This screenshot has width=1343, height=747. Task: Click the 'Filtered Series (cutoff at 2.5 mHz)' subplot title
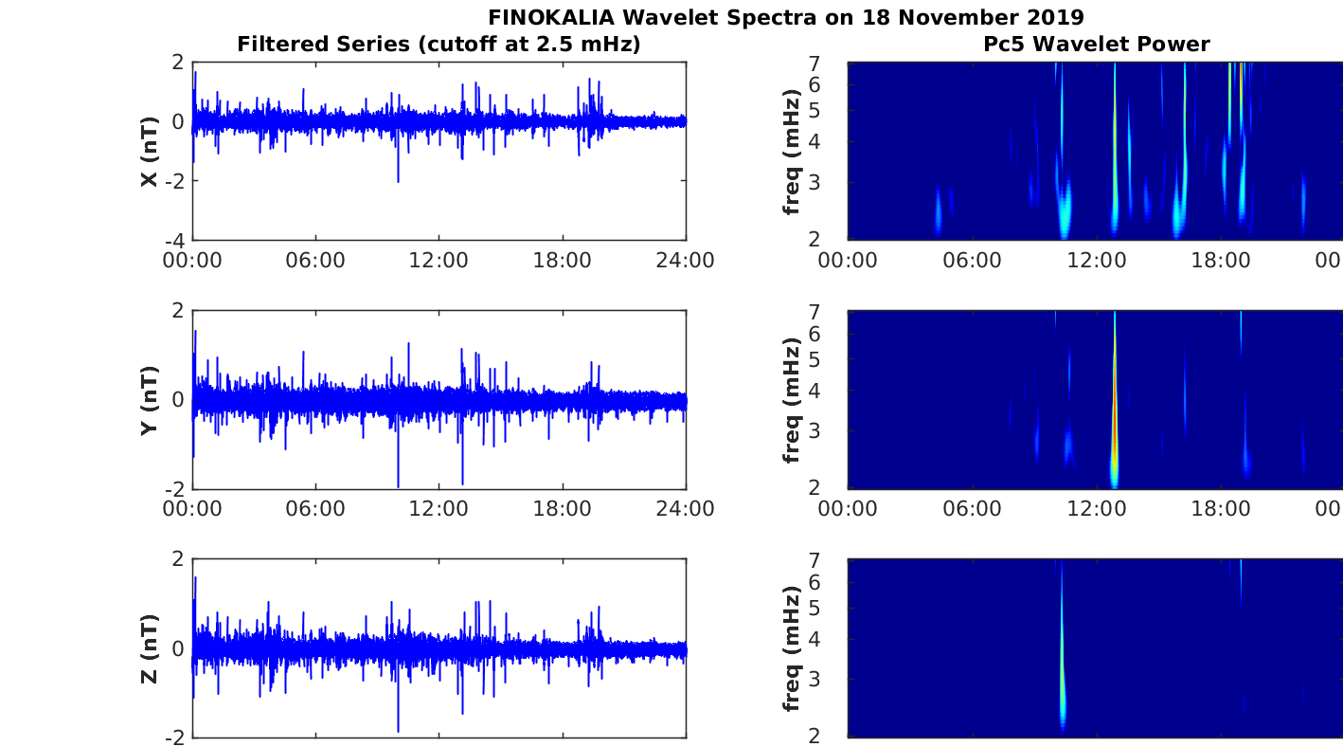coord(439,44)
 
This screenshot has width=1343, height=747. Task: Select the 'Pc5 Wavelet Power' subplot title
coord(1096,44)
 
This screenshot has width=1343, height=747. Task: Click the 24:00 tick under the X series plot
coord(686,261)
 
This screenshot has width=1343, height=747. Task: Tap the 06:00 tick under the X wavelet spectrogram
coord(972,261)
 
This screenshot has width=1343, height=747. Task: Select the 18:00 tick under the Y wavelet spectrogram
coord(1221,509)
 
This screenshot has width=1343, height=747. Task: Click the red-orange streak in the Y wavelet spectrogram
coord(1115,417)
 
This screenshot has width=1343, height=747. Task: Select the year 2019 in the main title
coord(1056,17)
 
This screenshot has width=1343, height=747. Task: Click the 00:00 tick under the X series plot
coord(193,261)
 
